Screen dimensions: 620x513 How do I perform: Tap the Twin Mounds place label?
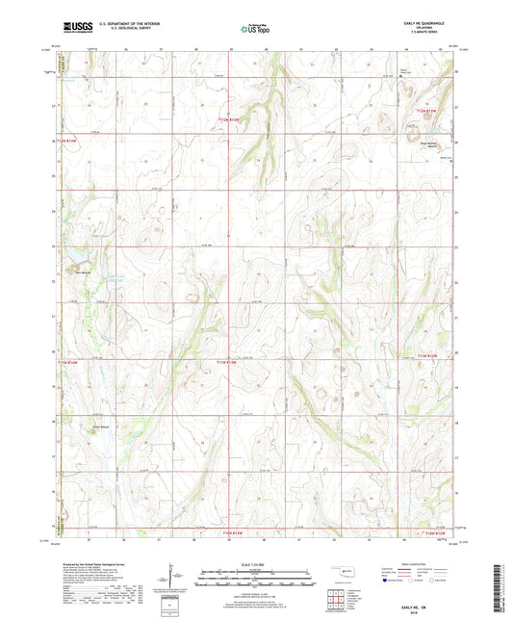(x=84, y=270)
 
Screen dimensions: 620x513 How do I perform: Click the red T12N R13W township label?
(x=221, y=119)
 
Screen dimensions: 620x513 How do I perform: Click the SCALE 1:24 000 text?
(x=255, y=563)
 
